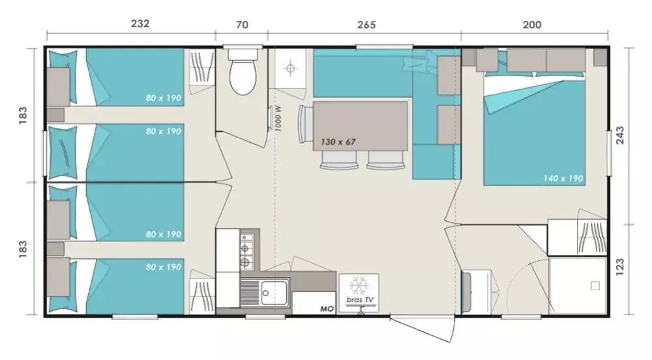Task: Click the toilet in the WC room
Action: [x=243, y=72]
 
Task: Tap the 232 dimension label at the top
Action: [x=140, y=23]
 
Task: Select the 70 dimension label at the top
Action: [x=242, y=25]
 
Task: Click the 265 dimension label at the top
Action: [x=366, y=25]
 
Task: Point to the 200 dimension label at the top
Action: [x=532, y=25]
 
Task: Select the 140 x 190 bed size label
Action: [x=563, y=179]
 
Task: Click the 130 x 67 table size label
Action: [x=338, y=142]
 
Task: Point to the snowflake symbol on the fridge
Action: [x=359, y=286]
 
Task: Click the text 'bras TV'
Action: [x=360, y=300]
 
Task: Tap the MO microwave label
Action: [x=327, y=309]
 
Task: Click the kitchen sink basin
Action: [x=274, y=293]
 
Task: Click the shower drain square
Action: [x=595, y=286]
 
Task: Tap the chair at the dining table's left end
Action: [x=305, y=124]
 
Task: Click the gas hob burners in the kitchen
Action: [x=246, y=249]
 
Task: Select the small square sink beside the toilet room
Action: [x=291, y=68]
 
